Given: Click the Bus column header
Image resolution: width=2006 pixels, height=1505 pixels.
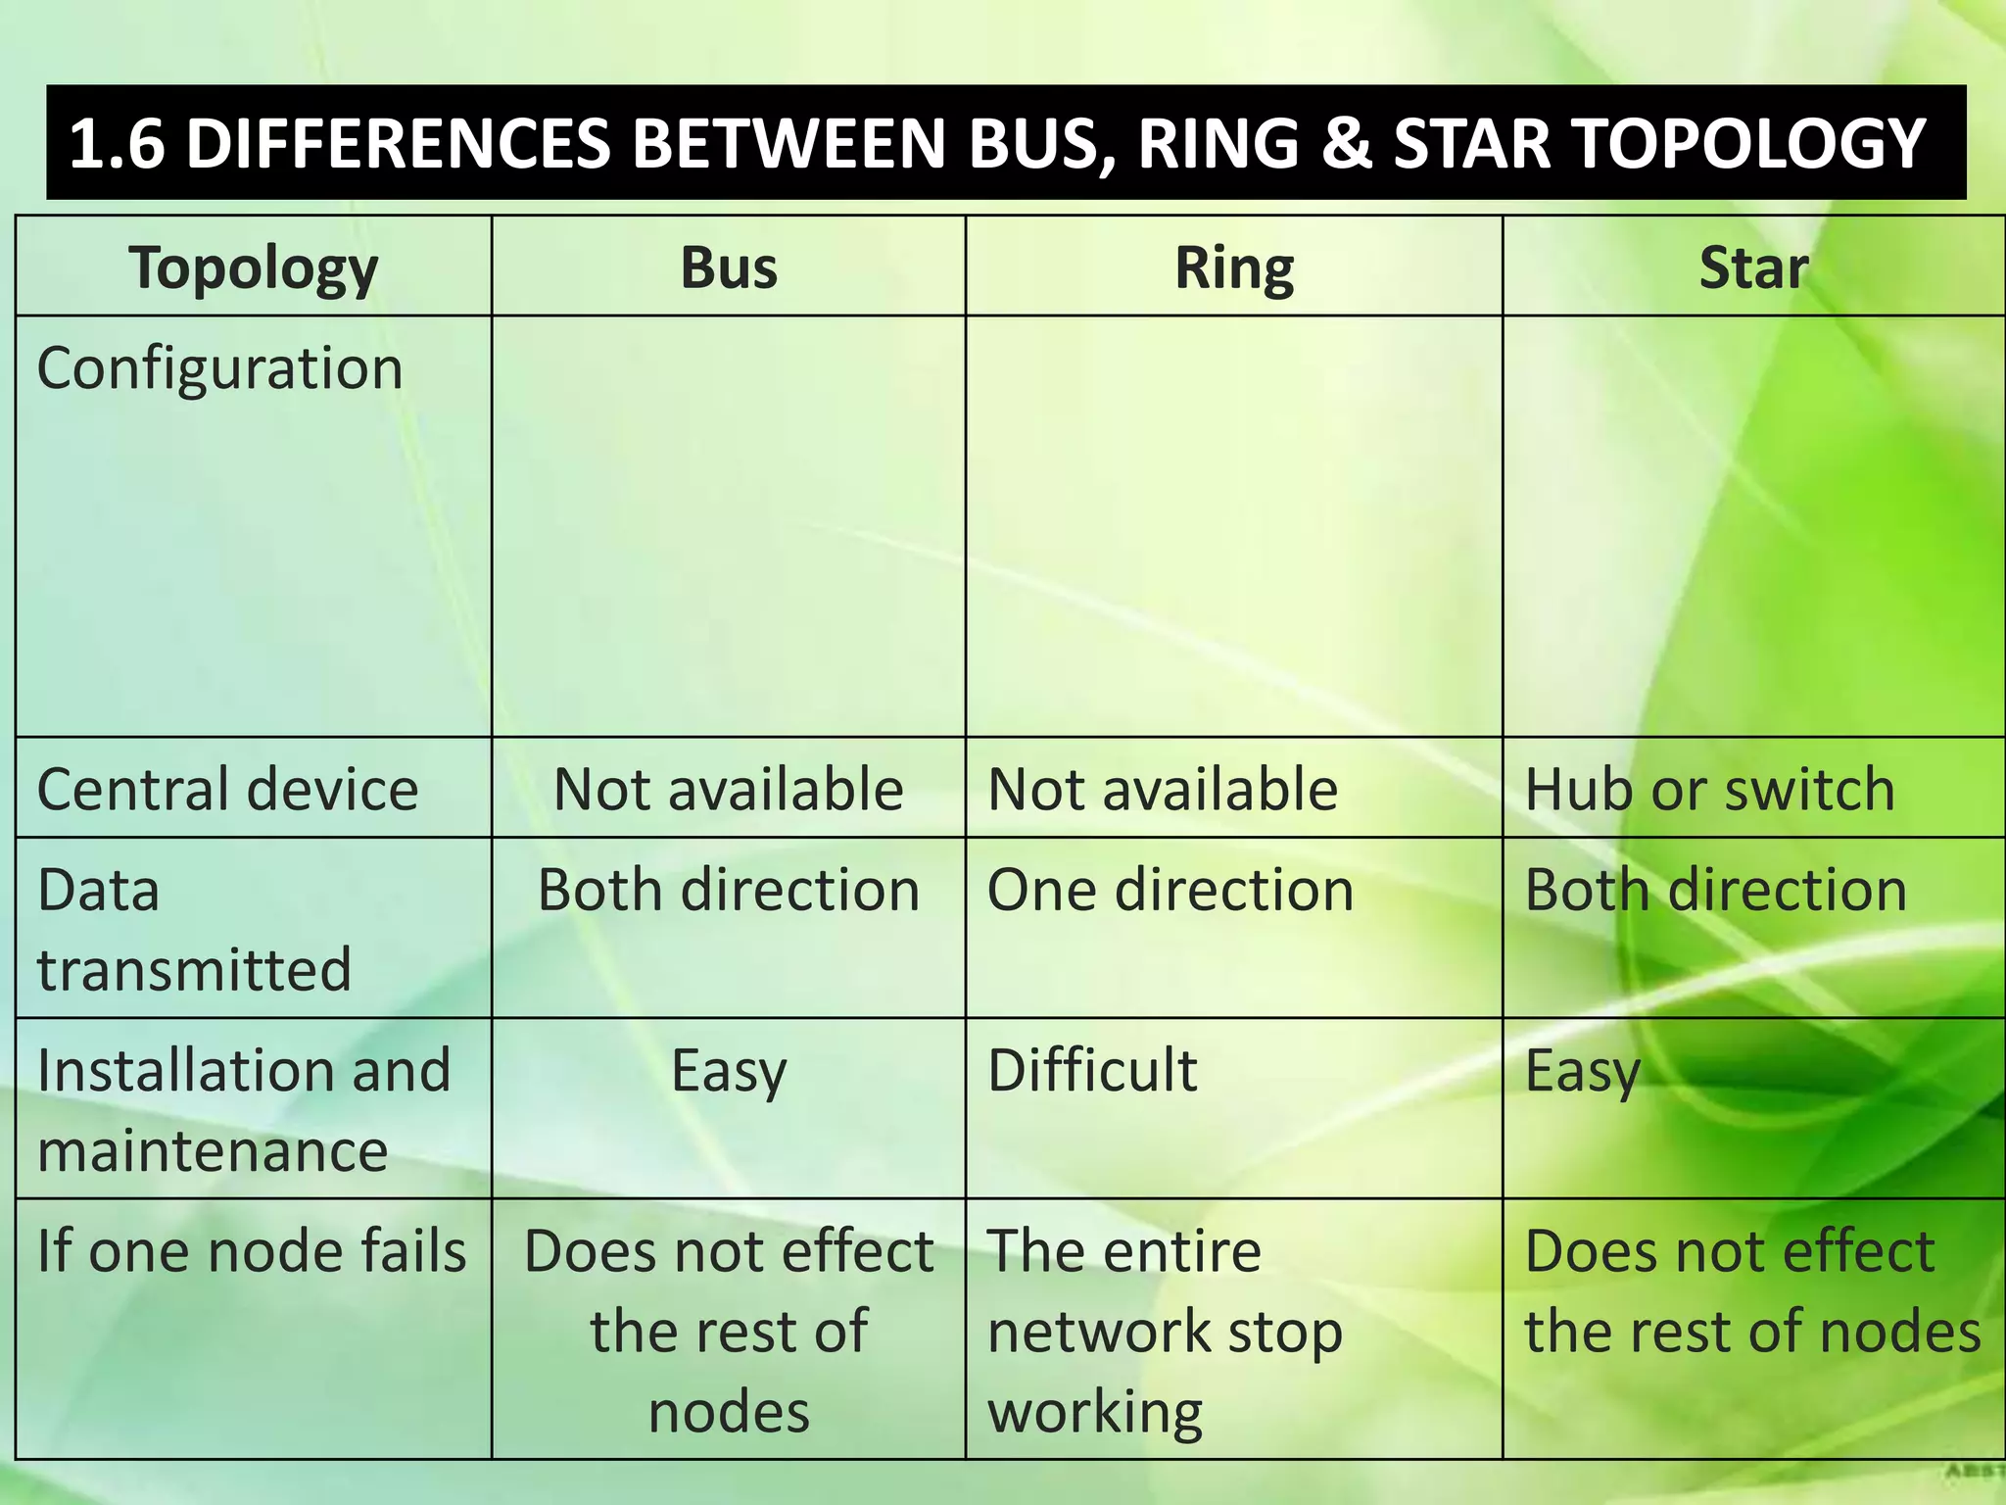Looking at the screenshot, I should click(729, 267).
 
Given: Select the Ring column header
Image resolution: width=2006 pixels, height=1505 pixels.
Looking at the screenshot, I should click(1233, 267).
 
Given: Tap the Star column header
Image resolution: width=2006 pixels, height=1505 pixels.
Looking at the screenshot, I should click(1752, 267).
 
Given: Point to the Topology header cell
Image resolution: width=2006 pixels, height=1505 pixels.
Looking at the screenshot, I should click(253, 267).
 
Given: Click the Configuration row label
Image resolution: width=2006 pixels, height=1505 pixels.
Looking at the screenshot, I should click(219, 368).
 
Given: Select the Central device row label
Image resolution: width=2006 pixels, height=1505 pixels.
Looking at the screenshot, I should click(227, 789).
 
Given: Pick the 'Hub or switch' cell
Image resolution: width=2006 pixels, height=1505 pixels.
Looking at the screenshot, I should click(1709, 789).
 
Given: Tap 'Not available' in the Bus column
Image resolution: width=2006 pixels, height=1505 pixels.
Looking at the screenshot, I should click(728, 789).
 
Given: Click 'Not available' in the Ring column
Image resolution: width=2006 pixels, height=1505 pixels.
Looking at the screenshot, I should click(1163, 789).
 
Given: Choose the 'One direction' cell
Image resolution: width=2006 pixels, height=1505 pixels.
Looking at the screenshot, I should click(1170, 890).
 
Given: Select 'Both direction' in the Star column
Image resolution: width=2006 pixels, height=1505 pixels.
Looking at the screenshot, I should click(1716, 890).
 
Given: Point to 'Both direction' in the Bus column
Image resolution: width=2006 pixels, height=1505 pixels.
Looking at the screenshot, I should click(728, 890).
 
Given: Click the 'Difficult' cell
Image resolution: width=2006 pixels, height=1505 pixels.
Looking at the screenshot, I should click(1092, 1069).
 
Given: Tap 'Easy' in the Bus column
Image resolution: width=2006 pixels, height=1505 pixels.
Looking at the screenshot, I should click(729, 1071).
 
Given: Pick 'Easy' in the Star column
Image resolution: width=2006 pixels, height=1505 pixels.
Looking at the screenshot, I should click(1582, 1071).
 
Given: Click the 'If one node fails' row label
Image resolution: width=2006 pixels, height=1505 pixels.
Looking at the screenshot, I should click(251, 1251).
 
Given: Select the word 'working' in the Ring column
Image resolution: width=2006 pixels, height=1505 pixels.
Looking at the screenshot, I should click(1094, 1413).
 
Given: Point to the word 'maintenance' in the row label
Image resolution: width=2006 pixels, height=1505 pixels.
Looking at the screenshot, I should click(213, 1150).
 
